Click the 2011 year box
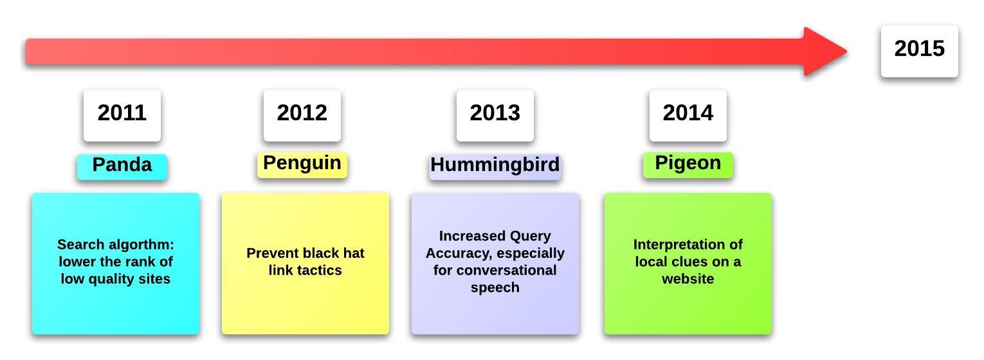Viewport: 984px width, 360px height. [x=122, y=116]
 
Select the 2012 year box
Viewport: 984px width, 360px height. [x=302, y=116]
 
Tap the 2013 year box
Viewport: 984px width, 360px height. [x=495, y=116]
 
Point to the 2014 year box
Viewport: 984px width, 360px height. [x=688, y=116]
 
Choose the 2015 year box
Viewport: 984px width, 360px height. [x=920, y=51]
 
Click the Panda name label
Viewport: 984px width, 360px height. [x=122, y=167]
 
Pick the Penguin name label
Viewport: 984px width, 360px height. [x=302, y=165]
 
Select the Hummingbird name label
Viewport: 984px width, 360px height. [x=495, y=167]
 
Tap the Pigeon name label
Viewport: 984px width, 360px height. [x=688, y=165]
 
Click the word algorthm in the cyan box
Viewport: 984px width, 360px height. [x=141, y=244]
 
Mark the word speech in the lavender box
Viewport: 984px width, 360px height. [x=495, y=288]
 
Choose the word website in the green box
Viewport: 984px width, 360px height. [x=688, y=279]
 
